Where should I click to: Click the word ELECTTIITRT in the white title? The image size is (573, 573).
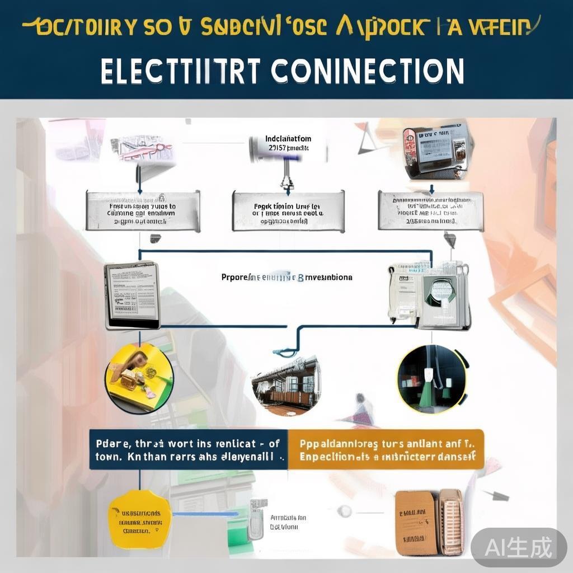181,71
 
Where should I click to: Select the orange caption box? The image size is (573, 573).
386,449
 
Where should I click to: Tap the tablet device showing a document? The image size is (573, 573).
132,295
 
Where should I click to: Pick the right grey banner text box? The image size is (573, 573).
430,210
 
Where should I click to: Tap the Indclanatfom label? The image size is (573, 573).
288,139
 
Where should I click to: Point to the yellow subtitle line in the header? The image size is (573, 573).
280,27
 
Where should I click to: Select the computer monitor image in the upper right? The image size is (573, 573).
435,149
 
